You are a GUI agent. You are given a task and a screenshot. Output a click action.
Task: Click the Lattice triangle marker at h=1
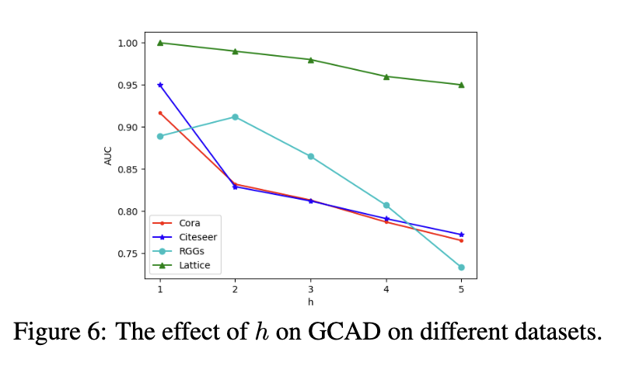click(160, 43)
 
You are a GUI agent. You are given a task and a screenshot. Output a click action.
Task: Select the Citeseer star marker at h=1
click(160, 85)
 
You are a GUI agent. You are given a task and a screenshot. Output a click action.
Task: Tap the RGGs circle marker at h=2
click(236, 117)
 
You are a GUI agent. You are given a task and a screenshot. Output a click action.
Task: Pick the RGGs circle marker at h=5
click(461, 267)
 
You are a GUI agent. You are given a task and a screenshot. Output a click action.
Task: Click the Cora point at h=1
click(160, 113)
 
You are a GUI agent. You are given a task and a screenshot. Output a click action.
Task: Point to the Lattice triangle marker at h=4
click(386, 76)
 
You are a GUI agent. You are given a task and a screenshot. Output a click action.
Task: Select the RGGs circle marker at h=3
click(310, 156)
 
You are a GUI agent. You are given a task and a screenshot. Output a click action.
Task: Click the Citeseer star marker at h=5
click(461, 234)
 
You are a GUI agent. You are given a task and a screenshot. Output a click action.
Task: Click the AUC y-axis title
click(108, 155)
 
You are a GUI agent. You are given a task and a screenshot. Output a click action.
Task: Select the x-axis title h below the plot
click(310, 302)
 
